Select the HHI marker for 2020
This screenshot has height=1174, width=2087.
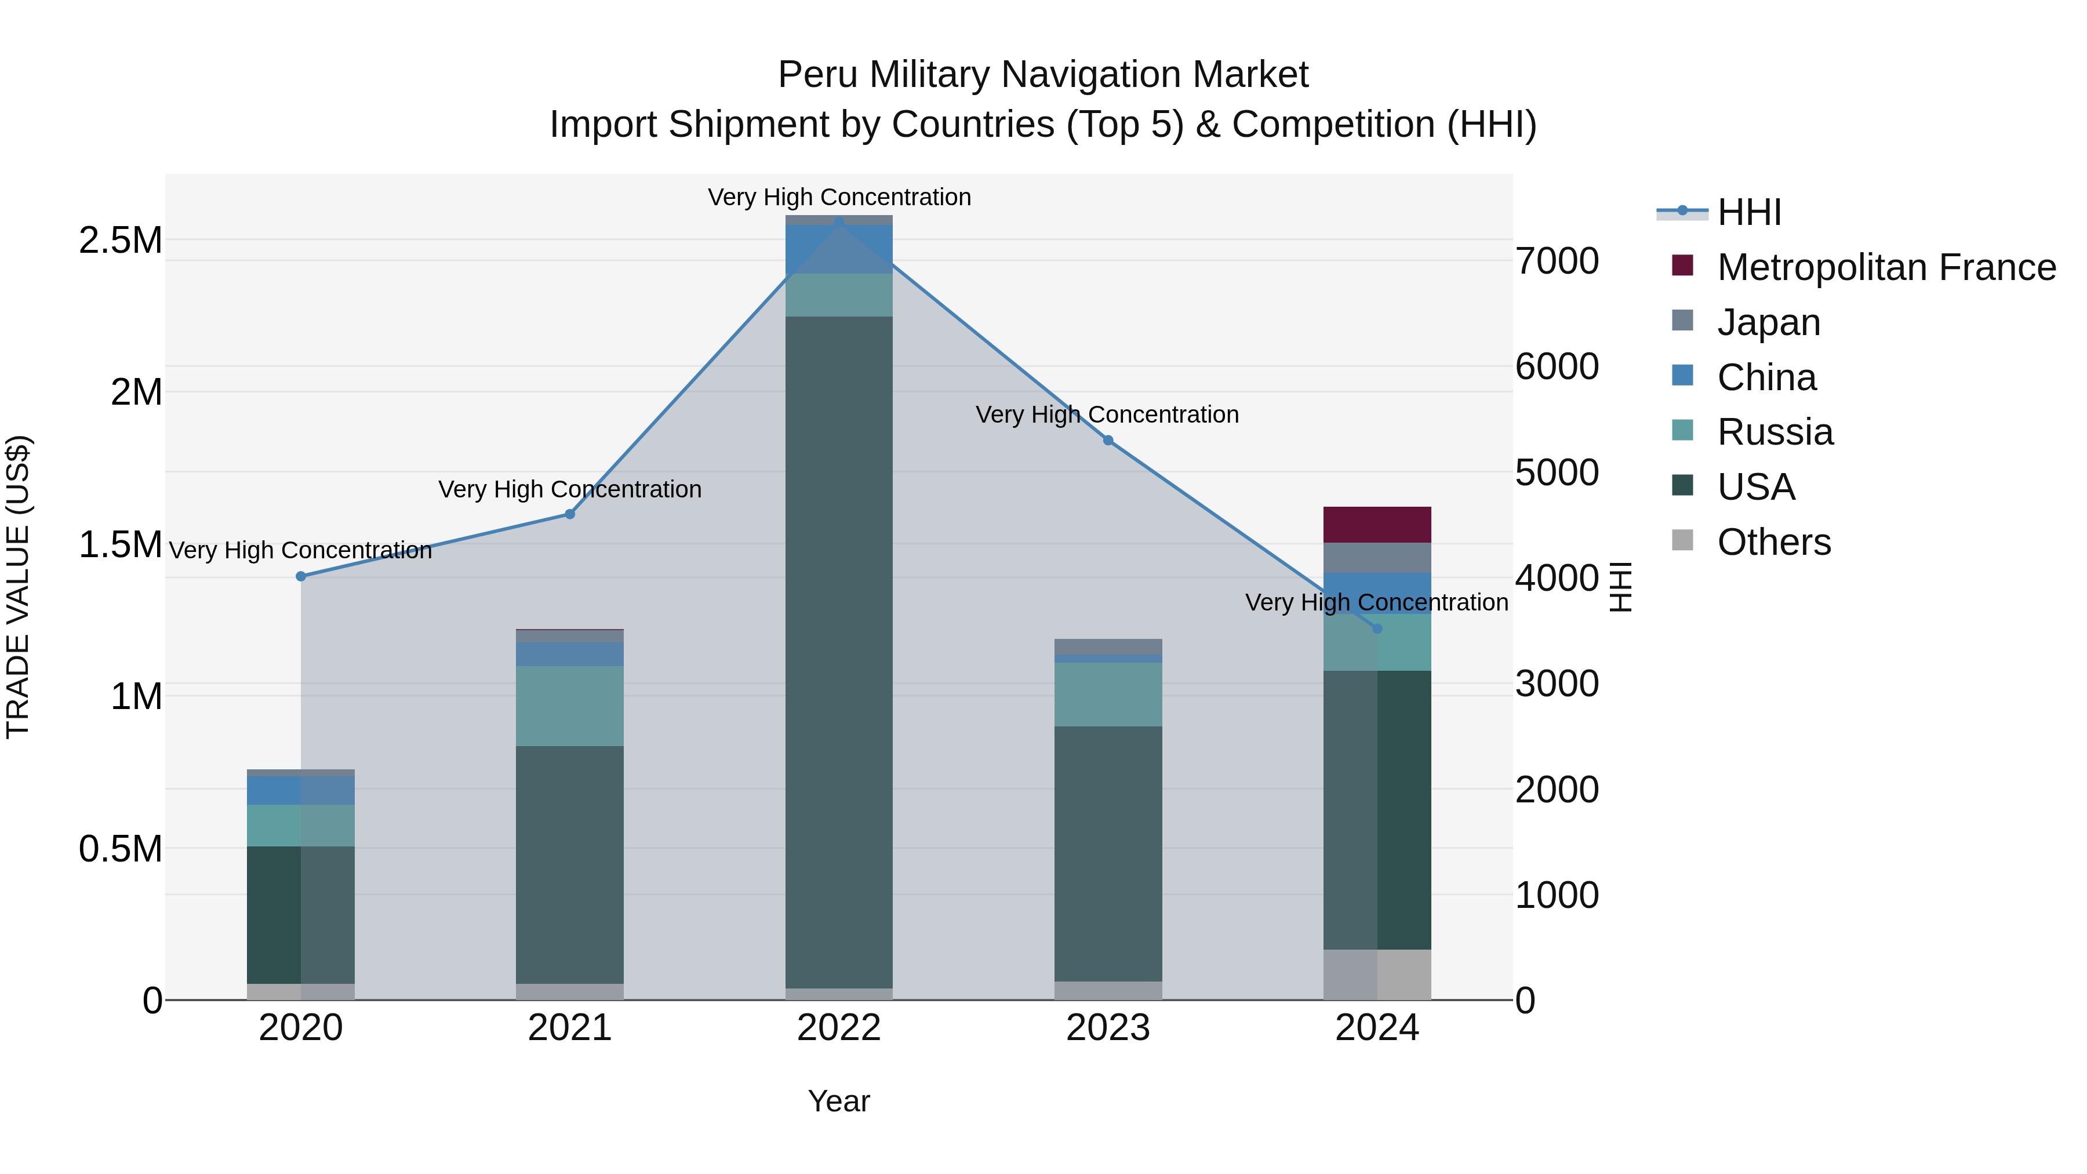pyautogui.click(x=300, y=576)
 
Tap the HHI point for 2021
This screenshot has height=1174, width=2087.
pyautogui.click(x=569, y=514)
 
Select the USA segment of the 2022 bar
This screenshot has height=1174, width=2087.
pyautogui.click(x=838, y=648)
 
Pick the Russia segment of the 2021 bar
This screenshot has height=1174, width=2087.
pyautogui.click(x=569, y=705)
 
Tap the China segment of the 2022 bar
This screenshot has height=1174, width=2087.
pyautogui.click(x=838, y=249)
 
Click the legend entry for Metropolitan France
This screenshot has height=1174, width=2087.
pyautogui.click(x=1885, y=267)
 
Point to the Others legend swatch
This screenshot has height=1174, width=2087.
pyautogui.click(x=1683, y=540)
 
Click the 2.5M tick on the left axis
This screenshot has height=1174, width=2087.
pyautogui.click(x=120, y=241)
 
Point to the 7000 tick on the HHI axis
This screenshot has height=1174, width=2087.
pyautogui.click(x=1557, y=261)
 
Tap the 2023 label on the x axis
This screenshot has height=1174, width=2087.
pyautogui.click(x=1107, y=1028)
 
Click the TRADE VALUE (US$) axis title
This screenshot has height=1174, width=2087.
pyautogui.click(x=18, y=587)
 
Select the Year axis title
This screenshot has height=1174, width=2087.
pyautogui.click(x=838, y=1101)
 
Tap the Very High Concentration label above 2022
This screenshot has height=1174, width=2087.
pyautogui.click(x=838, y=197)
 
